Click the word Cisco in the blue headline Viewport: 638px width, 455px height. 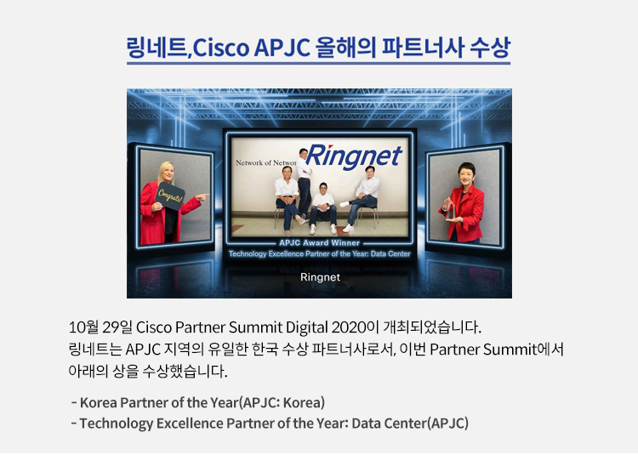coord(220,48)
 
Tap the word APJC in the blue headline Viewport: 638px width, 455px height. coord(282,48)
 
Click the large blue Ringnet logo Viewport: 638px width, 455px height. coord(354,156)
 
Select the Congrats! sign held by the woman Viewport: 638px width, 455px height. coord(169,196)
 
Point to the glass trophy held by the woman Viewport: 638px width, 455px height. coord(449,208)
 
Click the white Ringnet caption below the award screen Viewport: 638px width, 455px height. coord(320,277)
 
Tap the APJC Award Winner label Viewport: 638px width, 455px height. coord(319,242)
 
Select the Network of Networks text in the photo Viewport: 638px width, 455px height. coord(266,162)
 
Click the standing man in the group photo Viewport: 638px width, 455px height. coord(304,183)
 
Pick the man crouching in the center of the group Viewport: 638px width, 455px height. coord(323,208)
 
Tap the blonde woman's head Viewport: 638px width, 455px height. coord(168,172)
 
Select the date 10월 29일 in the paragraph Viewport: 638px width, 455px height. coord(100,327)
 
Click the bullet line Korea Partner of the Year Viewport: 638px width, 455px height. coord(197,402)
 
